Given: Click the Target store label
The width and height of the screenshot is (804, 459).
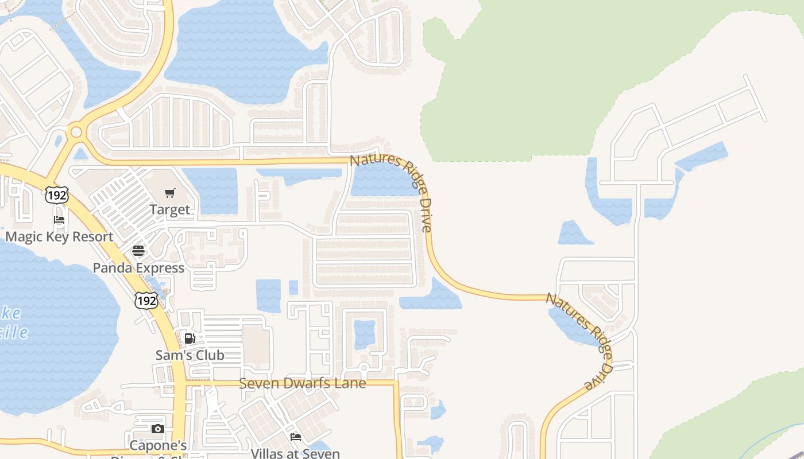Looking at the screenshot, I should click(x=169, y=209).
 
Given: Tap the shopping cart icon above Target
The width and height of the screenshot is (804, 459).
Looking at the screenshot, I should click(x=169, y=193).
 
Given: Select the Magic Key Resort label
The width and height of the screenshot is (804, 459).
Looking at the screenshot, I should click(x=59, y=236).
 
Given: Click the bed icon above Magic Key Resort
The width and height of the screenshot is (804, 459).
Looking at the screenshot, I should click(x=59, y=220).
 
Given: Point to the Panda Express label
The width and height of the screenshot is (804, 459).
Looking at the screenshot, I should click(x=138, y=267).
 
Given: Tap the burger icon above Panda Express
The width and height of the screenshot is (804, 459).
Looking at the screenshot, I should click(x=138, y=250).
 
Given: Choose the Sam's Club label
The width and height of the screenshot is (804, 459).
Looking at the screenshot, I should click(x=190, y=355).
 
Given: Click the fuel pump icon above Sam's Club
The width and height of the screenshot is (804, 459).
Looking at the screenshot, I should click(x=190, y=338).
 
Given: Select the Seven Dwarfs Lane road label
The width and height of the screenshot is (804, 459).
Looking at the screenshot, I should click(x=302, y=383).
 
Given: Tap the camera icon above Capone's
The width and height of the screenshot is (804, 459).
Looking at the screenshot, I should click(x=157, y=429).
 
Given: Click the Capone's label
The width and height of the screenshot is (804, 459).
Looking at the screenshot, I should click(x=159, y=445).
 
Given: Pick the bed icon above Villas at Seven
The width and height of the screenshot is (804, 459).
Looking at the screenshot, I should click(x=296, y=437).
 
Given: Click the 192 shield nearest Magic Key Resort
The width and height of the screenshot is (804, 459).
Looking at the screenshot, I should click(x=57, y=195).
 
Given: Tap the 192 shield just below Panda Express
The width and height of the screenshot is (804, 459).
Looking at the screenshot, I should click(x=146, y=300).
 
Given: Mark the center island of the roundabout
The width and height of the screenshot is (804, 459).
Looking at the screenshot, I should click(x=76, y=132).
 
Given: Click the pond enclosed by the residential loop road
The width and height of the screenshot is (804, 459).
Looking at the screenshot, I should click(x=365, y=334).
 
